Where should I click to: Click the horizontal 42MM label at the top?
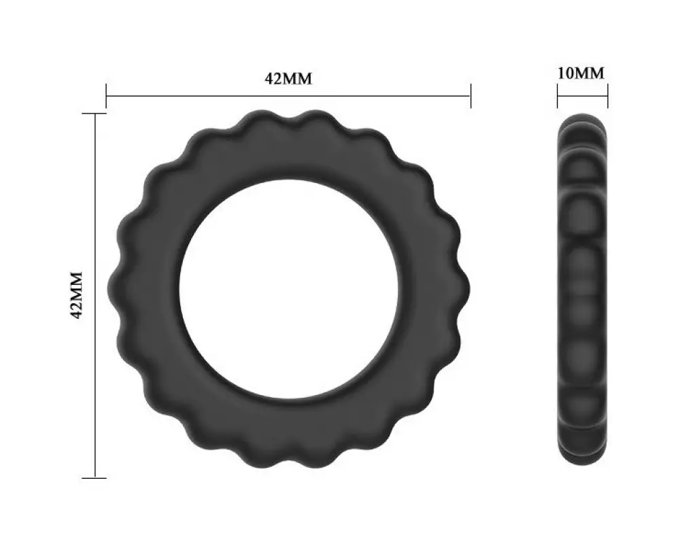click(x=288, y=78)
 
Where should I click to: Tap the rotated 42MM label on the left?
click(x=76, y=295)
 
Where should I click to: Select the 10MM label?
click(x=581, y=73)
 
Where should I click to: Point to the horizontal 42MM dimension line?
click(x=288, y=96)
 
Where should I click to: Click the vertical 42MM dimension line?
click(x=95, y=295)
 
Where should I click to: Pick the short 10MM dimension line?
click(x=583, y=96)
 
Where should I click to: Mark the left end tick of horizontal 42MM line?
click(x=106, y=96)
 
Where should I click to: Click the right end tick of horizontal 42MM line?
click(x=471, y=96)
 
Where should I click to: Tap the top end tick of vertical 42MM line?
click(x=95, y=114)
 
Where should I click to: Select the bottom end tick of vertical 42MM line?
click(x=95, y=478)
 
